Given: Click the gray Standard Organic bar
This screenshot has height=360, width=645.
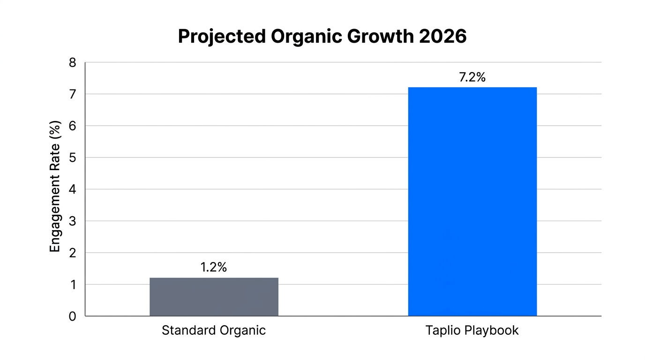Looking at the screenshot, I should pos(214,297).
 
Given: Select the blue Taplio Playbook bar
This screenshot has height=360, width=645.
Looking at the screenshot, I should pos(472,202).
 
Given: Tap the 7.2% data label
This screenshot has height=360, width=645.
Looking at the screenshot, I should pos(472,77).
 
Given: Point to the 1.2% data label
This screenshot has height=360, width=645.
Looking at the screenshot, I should pos(214,267).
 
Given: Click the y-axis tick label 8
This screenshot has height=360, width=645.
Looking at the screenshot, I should pos(72,62).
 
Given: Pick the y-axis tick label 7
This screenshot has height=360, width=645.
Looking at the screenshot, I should pos(72,94).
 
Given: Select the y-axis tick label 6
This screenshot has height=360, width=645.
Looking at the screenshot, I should pos(72,126).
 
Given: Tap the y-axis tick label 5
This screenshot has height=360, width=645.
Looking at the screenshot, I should pos(72,157).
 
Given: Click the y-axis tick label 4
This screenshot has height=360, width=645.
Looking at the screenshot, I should pos(72,189).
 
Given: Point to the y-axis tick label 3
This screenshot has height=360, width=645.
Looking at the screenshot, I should pos(72,221).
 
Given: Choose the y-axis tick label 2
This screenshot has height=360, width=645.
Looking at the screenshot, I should pos(72,253).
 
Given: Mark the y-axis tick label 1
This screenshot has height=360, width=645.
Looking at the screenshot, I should pos(72,285).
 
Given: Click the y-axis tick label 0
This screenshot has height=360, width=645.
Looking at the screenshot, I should pos(72,316).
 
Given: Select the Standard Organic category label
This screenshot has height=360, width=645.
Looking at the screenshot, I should pos(214,330).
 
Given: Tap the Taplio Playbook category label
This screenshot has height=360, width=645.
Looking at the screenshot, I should pos(472,330).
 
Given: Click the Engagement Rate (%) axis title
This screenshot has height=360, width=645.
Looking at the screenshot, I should pos(55,187).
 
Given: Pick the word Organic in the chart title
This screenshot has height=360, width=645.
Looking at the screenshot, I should pos(299,37).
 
